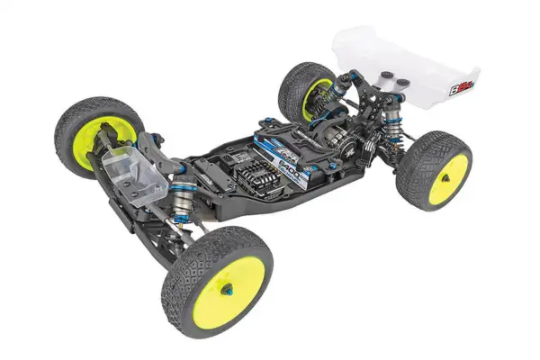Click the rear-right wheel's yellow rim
[447, 178]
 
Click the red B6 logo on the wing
[459, 87]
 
